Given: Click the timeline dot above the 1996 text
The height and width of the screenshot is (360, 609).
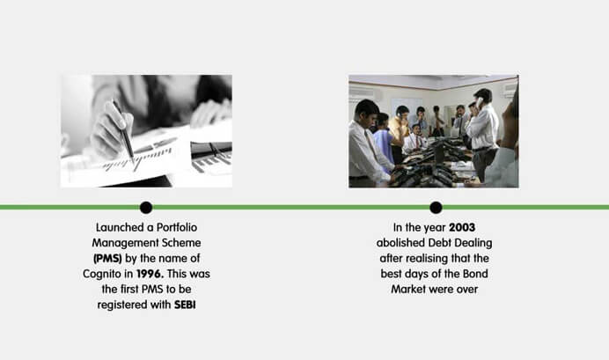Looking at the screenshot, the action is [x=146, y=208].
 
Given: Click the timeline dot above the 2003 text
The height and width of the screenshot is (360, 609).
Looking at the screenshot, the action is [x=436, y=208].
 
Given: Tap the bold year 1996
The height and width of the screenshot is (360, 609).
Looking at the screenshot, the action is [x=150, y=274].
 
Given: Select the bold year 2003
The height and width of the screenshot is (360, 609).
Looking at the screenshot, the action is [x=462, y=227].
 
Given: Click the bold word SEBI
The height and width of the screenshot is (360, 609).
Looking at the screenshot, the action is [x=185, y=305].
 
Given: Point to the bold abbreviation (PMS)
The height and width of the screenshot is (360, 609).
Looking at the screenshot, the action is [x=107, y=259].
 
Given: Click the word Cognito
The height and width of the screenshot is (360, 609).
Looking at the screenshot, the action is [x=102, y=274].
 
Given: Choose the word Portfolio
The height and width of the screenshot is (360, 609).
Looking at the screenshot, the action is [x=177, y=227].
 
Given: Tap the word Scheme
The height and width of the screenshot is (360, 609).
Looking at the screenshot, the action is [x=182, y=243].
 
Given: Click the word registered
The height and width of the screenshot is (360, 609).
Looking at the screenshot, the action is [x=122, y=305].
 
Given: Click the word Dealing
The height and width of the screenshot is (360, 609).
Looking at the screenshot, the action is [x=473, y=243].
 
